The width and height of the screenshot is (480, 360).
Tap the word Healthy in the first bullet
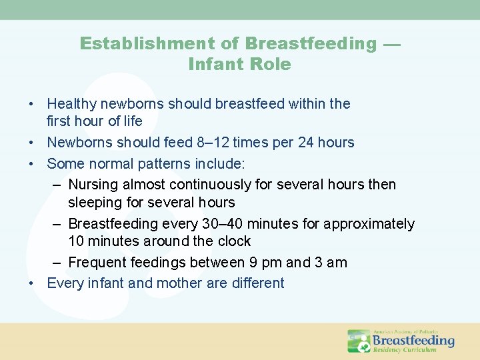click(x=71, y=104)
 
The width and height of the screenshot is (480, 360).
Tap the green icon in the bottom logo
click(x=359, y=341)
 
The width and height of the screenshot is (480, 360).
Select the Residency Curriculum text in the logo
click(x=405, y=349)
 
